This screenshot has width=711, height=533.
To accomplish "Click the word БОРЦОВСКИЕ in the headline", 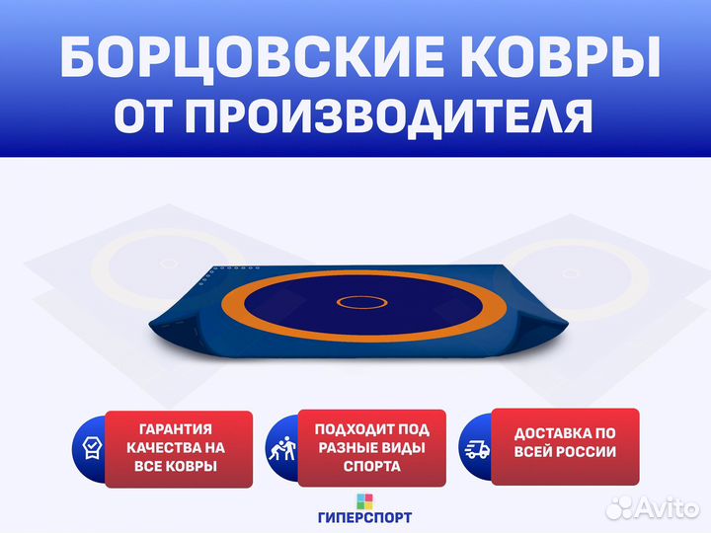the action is (252, 58).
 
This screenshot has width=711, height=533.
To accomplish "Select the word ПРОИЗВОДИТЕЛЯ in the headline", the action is (389, 116).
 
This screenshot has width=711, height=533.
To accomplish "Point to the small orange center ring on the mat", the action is (361, 302).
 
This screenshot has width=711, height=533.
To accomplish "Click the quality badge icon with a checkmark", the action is (92, 448).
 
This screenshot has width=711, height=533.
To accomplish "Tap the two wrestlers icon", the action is (282, 449).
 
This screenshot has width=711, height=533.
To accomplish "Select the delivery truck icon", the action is (477, 449).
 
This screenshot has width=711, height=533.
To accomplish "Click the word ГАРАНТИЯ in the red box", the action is (176, 428).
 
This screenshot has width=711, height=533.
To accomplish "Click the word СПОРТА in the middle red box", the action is (372, 466).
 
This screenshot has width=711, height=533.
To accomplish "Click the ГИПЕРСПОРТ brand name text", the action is (365, 517).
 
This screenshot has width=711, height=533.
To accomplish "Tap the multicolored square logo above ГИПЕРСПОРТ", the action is (364, 501).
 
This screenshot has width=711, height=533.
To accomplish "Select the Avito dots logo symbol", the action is (620, 507).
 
